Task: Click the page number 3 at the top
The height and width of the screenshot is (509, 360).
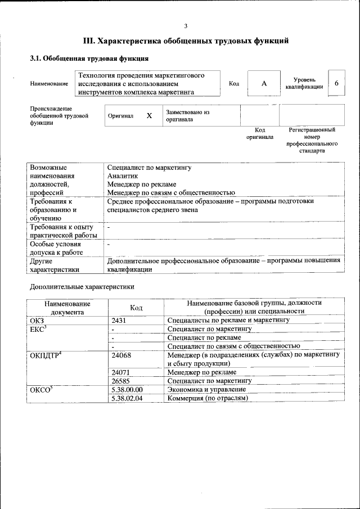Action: [185, 26]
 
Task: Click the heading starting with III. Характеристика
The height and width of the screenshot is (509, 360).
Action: [186, 41]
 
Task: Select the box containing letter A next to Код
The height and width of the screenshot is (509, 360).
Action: [264, 83]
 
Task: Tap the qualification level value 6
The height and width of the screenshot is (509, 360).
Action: [336, 83]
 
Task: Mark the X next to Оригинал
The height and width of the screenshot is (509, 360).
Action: [149, 115]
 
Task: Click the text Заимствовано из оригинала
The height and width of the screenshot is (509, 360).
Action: [187, 115]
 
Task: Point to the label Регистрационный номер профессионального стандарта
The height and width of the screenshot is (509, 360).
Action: [312, 140]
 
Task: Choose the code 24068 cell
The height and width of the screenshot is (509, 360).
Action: [121, 355]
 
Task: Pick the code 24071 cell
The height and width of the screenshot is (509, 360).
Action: [121, 372]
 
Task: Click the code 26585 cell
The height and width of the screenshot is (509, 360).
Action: [121, 381]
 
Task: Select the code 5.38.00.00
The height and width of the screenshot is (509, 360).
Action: [127, 389]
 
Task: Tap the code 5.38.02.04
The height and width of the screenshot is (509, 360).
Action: [127, 398]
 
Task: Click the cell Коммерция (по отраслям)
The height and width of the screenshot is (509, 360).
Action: [208, 398]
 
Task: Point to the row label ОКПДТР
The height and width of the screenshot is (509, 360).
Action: [46, 355]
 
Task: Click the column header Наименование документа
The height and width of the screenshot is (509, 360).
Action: [67, 307]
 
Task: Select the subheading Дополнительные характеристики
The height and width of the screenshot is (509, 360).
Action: [82, 287]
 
